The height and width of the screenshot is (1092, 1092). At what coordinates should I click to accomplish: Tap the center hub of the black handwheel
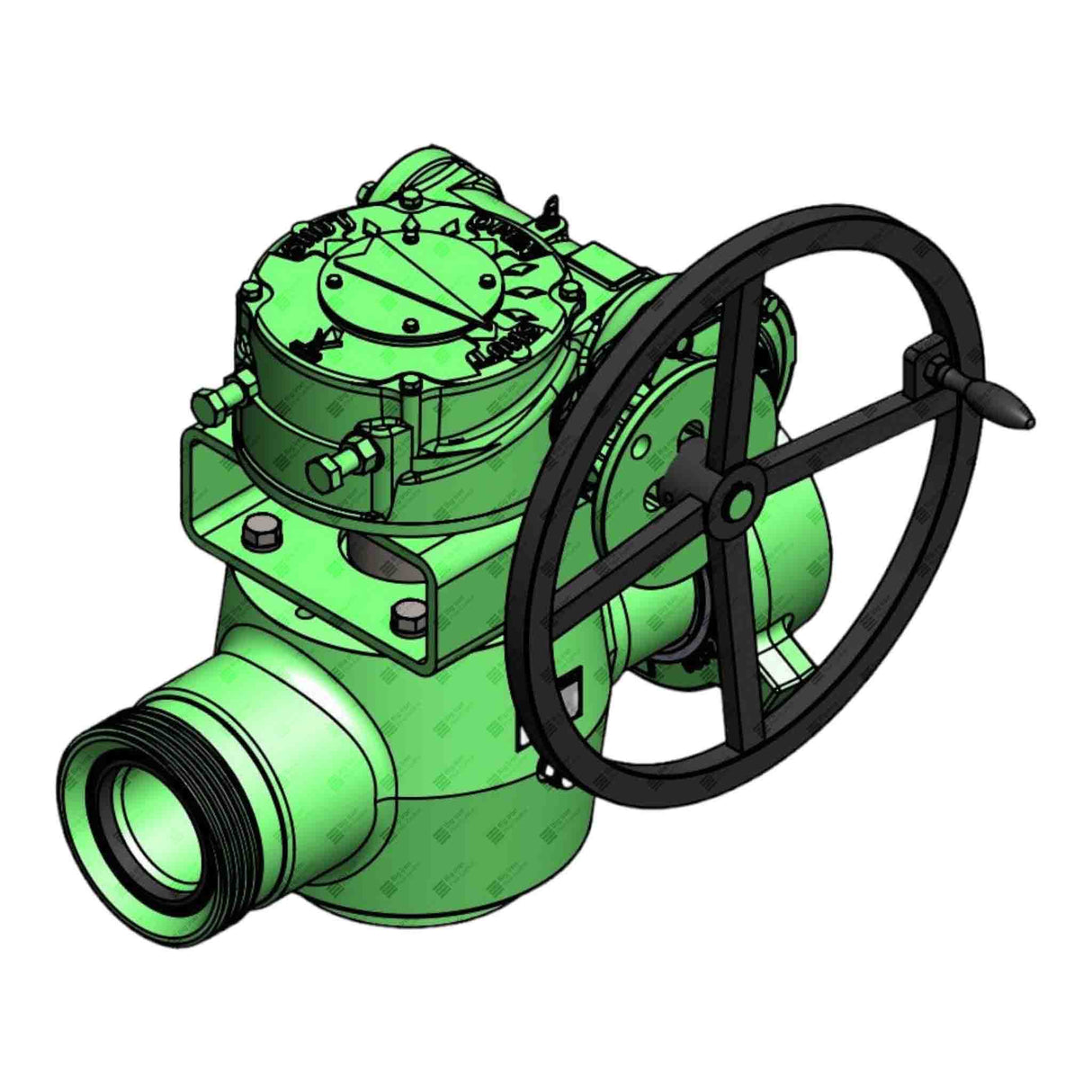pos(740,497)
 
